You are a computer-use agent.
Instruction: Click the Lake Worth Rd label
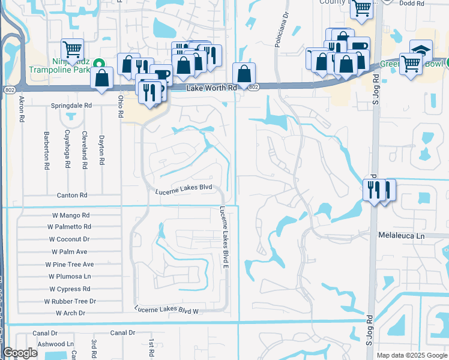210,88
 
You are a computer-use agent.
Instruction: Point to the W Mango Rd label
69,215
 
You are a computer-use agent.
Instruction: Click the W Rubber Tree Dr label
70,301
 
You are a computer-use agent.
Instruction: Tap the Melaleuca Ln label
401,236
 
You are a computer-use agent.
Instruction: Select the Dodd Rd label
412,4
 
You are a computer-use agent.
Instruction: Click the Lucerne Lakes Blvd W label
166,310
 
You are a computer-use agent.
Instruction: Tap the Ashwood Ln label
55,344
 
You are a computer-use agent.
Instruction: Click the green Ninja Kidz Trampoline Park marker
101,63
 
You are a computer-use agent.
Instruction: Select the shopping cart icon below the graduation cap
411,63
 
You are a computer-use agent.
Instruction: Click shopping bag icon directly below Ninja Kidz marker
102,77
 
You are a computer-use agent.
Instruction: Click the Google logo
20,353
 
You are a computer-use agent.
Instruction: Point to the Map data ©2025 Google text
411,355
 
